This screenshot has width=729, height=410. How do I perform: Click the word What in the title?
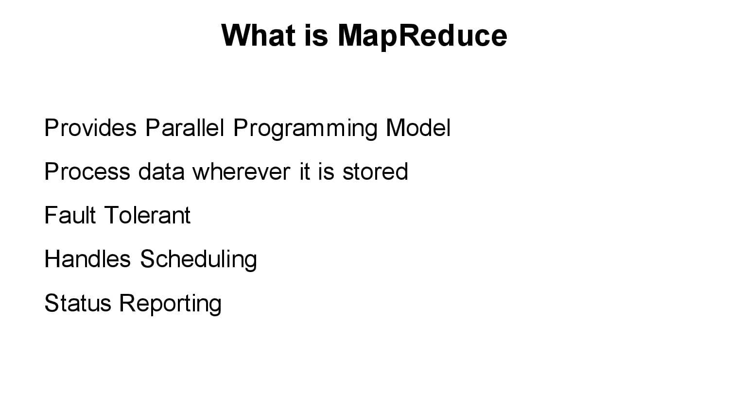259,35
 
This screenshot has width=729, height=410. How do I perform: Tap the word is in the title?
316,35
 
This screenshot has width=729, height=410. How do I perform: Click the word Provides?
90,128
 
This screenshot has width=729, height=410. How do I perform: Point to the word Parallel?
185,128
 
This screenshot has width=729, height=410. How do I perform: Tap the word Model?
418,128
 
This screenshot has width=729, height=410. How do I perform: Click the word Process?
87,171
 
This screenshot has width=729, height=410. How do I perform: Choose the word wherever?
241,171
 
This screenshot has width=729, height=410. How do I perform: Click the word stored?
375,171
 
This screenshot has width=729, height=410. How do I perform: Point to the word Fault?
69,215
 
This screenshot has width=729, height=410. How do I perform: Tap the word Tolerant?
147,215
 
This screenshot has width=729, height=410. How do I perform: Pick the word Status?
78,303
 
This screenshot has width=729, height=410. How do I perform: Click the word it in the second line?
304,171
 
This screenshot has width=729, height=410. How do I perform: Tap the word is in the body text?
326,171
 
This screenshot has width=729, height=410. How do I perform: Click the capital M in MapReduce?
350,35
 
